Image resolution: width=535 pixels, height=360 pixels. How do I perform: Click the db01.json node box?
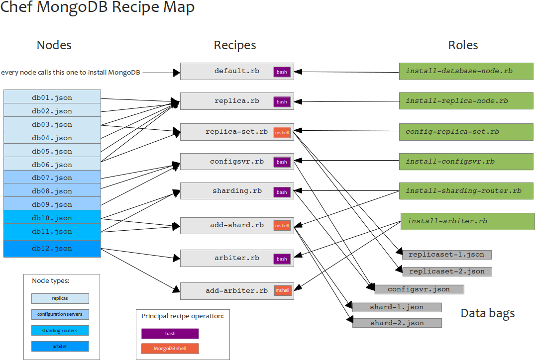(x=52, y=97)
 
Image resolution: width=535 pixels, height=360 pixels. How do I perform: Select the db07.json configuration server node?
(x=52, y=178)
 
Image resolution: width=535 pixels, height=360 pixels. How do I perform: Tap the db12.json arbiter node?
(x=52, y=248)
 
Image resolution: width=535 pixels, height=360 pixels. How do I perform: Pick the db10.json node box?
(x=52, y=218)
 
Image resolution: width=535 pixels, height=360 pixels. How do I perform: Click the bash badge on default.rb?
(x=282, y=72)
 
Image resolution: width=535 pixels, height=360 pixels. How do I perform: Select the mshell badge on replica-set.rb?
(x=282, y=132)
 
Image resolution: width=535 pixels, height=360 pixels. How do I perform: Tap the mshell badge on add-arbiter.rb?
(x=282, y=290)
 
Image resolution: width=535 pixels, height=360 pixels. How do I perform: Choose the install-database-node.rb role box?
(x=466, y=71)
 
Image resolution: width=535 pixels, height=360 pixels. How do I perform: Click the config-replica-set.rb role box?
(x=466, y=132)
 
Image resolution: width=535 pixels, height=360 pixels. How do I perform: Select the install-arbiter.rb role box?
(x=467, y=221)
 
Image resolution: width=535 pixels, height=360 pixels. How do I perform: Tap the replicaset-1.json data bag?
(x=446, y=255)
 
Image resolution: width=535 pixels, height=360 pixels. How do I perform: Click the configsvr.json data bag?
(x=419, y=289)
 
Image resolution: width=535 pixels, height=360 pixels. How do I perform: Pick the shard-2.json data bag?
(x=397, y=323)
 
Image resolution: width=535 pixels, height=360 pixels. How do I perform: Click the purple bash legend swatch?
(x=170, y=334)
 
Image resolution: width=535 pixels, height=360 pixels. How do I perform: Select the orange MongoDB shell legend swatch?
(x=170, y=349)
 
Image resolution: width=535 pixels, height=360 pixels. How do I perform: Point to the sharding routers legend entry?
(x=60, y=330)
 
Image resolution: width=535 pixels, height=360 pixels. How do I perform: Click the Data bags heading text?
(x=487, y=313)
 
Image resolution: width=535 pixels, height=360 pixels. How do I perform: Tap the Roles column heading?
(x=463, y=45)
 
